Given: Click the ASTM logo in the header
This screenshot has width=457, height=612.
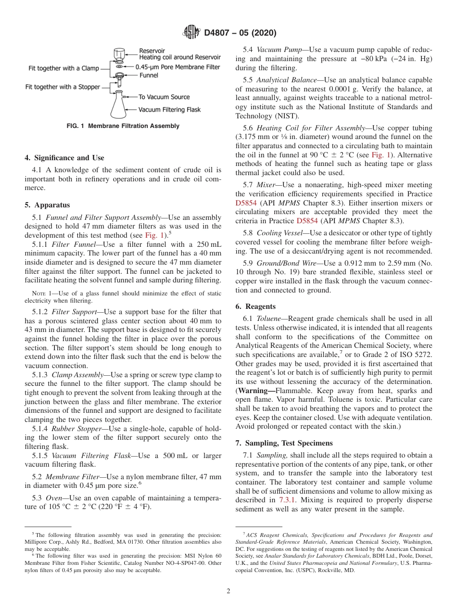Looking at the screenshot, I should point(191,33).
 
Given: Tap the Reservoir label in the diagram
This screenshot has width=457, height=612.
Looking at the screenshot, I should point(152,51).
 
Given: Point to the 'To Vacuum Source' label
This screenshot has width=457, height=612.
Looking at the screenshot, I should point(164,97).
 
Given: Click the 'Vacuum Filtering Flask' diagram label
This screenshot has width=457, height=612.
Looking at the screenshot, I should point(169,110).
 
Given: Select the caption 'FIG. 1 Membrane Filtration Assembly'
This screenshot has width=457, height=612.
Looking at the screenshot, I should point(123,126).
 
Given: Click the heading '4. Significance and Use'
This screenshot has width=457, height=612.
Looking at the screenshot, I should point(64,158).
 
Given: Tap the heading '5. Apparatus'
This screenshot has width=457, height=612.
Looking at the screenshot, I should point(47,204).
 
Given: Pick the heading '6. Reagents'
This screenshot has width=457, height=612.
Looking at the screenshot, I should point(255,306).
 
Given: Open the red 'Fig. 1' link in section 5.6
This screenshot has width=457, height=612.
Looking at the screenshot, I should point(373,155).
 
